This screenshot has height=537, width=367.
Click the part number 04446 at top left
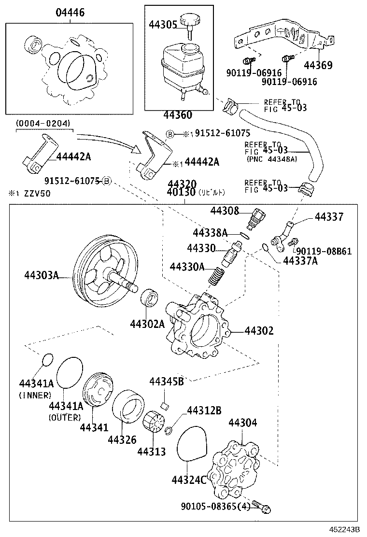tap(70, 13)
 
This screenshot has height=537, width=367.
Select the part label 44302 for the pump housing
tap(259, 331)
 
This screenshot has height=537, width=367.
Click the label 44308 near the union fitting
tap(225, 211)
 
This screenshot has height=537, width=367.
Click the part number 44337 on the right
tap(329, 217)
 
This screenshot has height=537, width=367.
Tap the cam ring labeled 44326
tap(129, 409)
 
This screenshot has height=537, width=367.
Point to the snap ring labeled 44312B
tap(169, 430)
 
